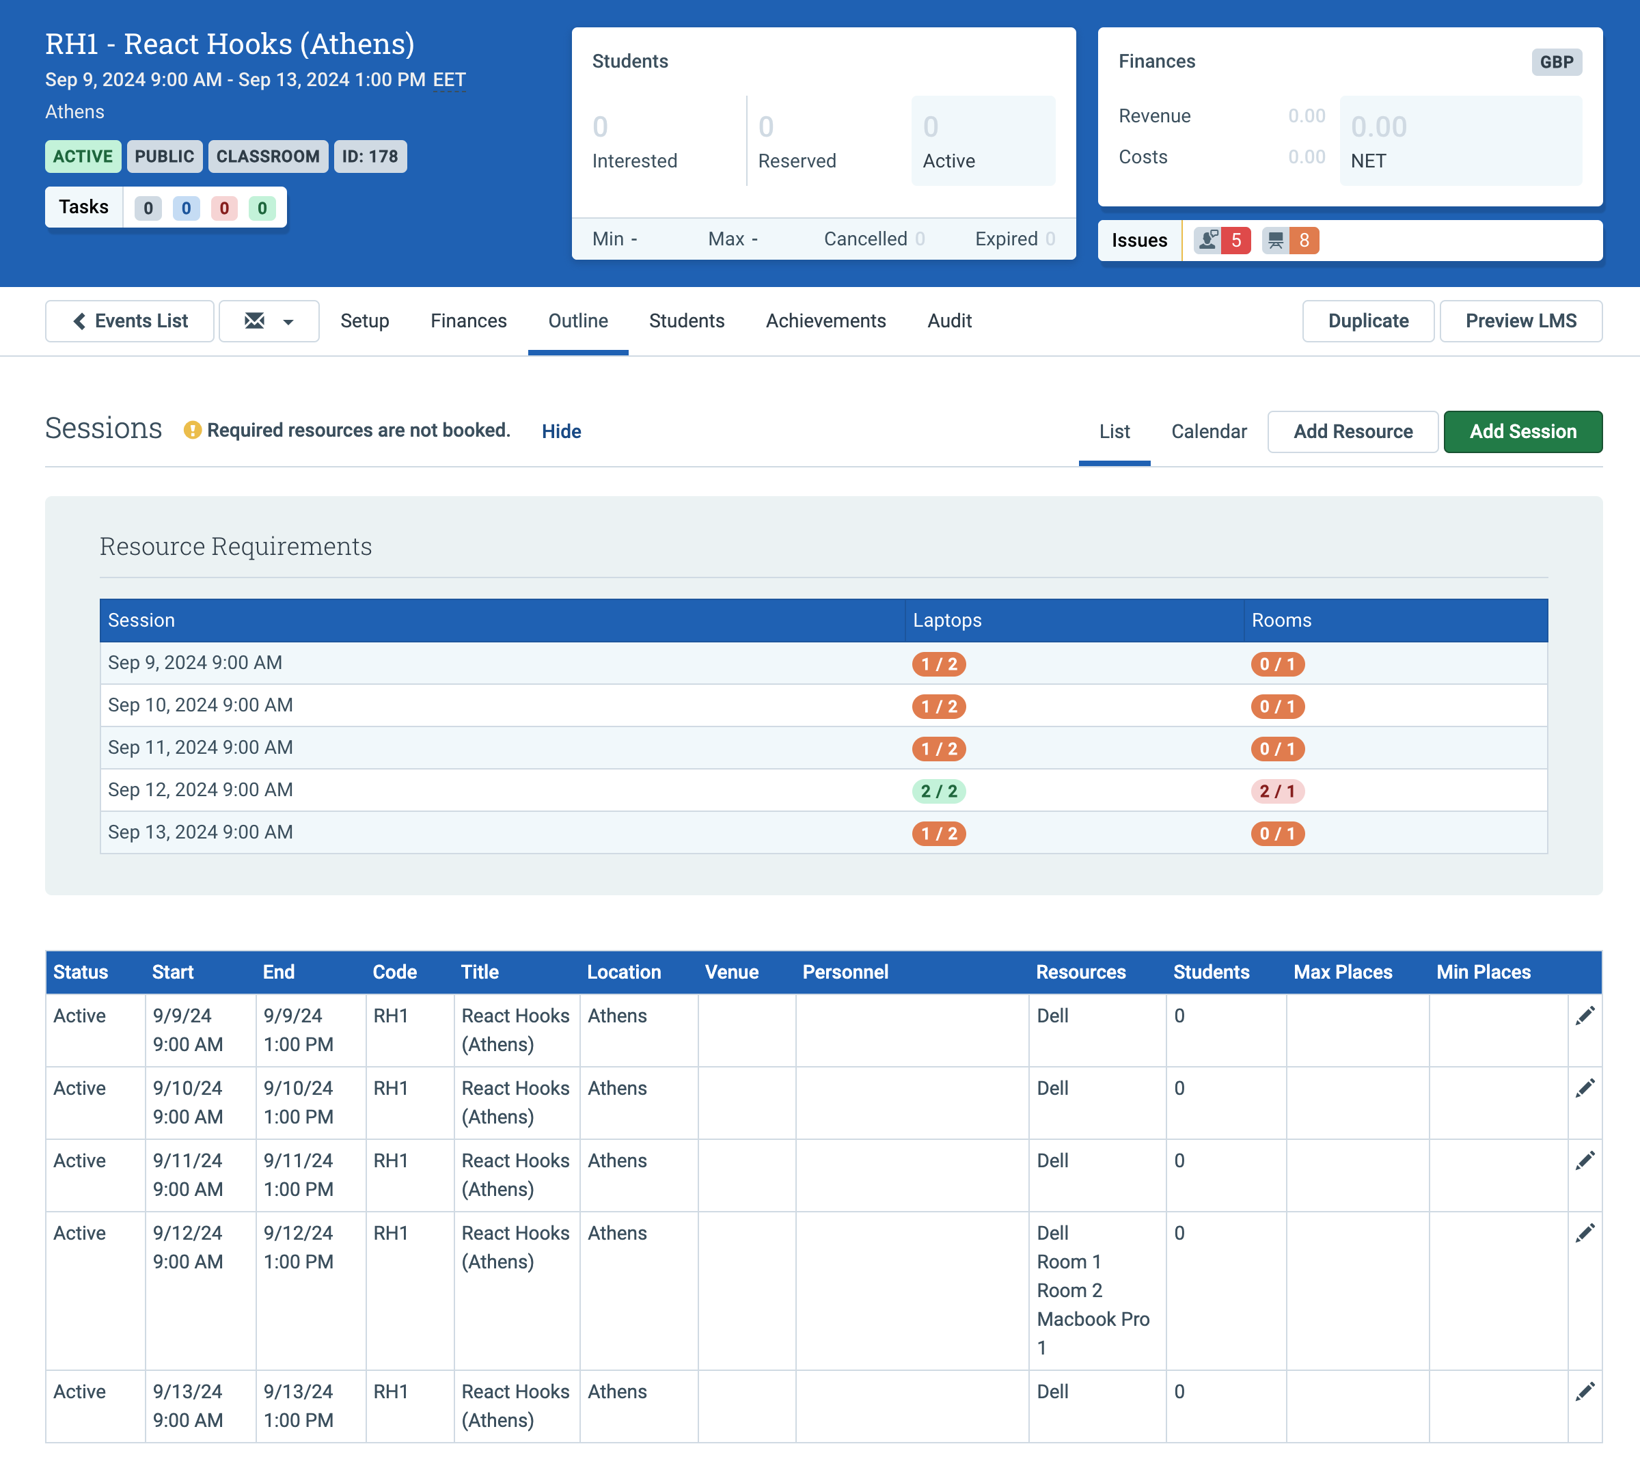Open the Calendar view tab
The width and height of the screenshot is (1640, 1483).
[1208, 431]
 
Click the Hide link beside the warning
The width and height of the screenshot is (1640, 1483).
[561, 431]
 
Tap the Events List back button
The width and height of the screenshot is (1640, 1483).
[129, 321]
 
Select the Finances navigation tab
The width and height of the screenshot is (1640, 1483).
[469, 321]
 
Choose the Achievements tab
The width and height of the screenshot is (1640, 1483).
[825, 321]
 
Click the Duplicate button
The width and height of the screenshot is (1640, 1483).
[1368, 321]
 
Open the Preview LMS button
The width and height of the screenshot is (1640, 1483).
[1521, 321]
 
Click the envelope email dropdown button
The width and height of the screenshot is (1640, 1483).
[269, 321]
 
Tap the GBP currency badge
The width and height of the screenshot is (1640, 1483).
[1556, 62]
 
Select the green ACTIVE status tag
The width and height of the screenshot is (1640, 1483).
[83, 157]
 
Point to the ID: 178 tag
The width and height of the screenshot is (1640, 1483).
[370, 157]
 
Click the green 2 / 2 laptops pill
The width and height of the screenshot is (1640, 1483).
[939, 791]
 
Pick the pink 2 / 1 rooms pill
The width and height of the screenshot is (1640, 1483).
[1277, 791]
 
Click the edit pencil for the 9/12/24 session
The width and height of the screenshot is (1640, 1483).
[1585, 1234]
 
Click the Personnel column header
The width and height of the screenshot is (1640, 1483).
[845, 972]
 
